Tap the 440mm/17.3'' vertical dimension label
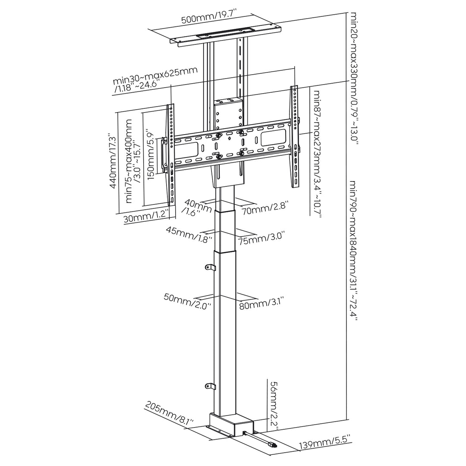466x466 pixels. click(x=113, y=162)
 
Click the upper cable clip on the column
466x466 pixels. click(x=210, y=268)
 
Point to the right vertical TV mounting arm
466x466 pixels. click(x=295, y=136)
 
